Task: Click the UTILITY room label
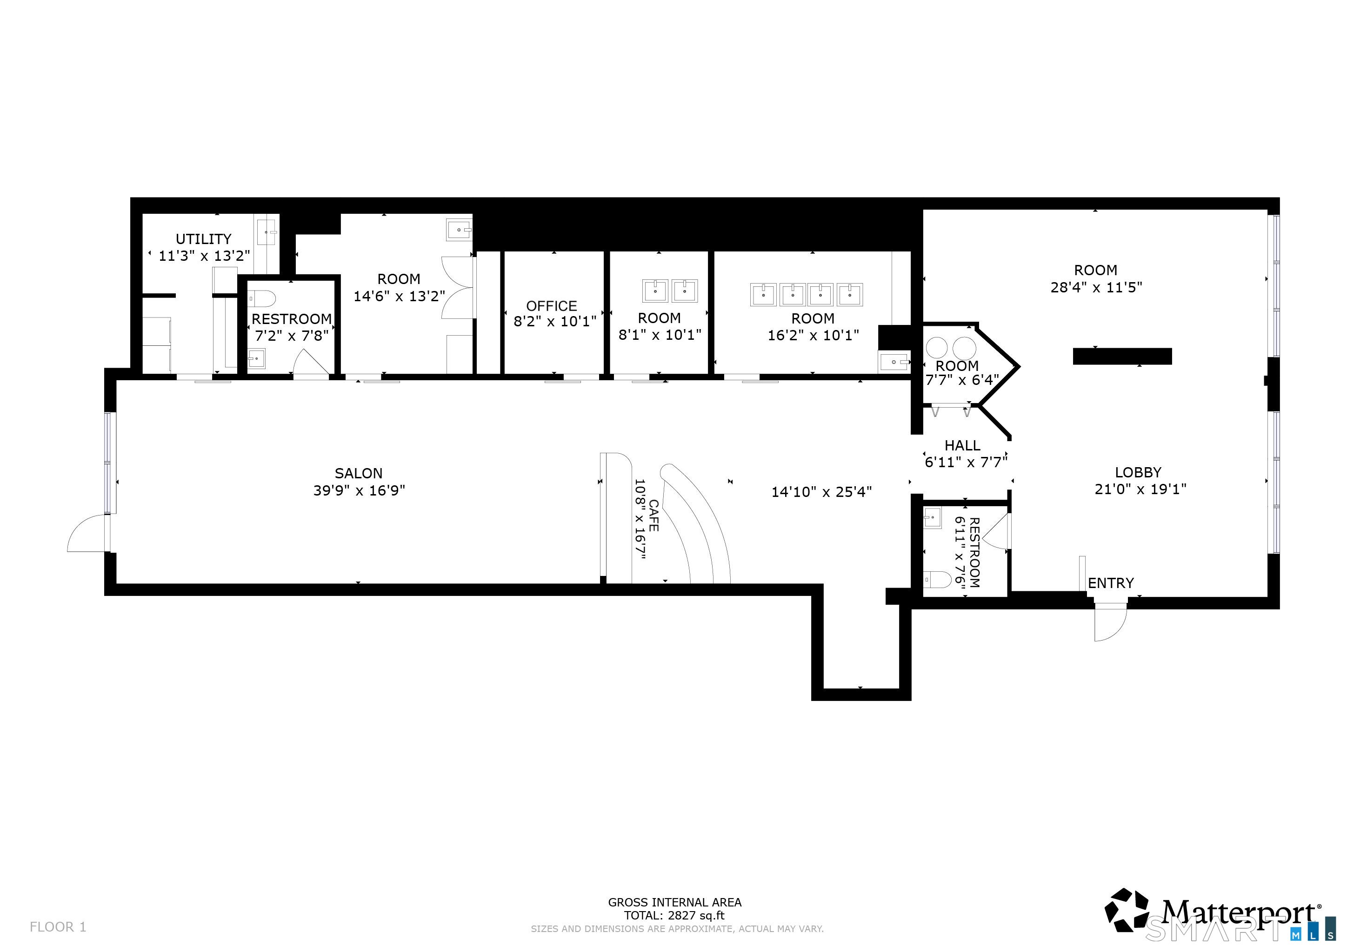pyautogui.click(x=204, y=239)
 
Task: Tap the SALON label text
pyautogui.click(x=359, y=473)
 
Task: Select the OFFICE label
pyautogui.click(x=552, y=306)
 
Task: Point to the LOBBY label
pyautogui.click(x=1138, y=472)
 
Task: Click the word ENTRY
pyautogui.click(x=1111, y=583)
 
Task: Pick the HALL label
pyautogui.click(x=962, y=445)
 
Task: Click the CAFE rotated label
pyautogui.click(x=653, y=516)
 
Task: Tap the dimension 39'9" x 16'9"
pyautogui.click(x=359, y=490)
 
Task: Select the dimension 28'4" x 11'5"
pyautogui.click(x=1096, y=287)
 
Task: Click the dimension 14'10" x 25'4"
pyautogui.click(x=821, y=492)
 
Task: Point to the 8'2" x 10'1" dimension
pyautogui.click(x=555, y=321)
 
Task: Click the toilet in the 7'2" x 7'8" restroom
pyautogui.click(x=262, y=299)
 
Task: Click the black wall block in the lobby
pyautogui.click(x=1122, y=357)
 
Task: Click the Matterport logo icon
pyautogui.click(x=1127, y=910)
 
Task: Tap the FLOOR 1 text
pyautogui.click(x=58, y=927)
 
